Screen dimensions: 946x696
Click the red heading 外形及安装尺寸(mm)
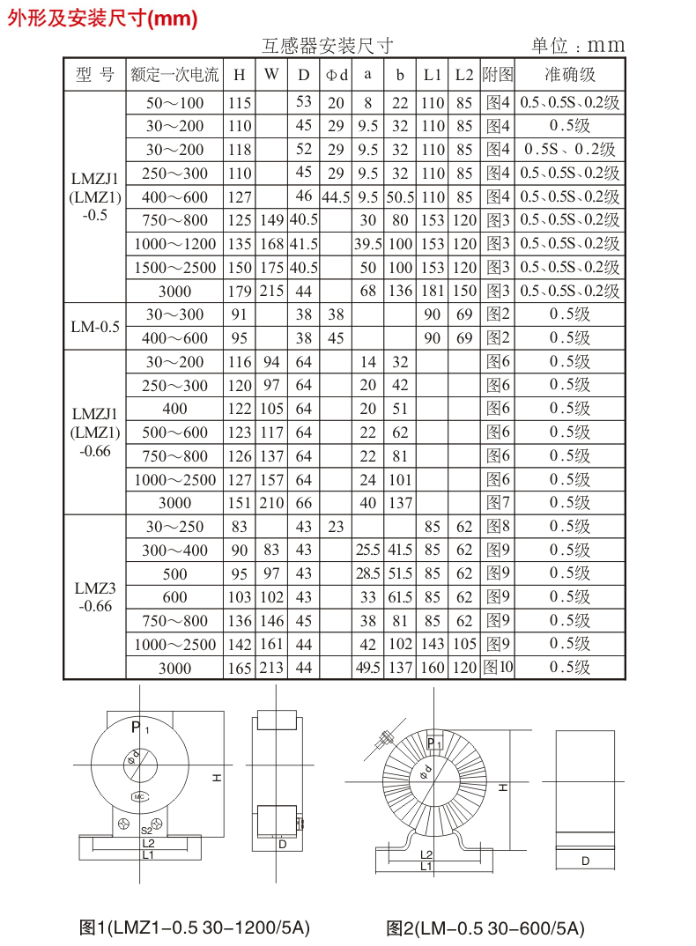tap(102, 18)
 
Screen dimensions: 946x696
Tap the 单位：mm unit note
tap(577, 46)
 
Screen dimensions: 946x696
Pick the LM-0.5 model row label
tap(94, 327)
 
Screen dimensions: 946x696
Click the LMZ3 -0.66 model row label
tap(94, 597)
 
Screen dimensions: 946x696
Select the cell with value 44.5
tap(336, 197)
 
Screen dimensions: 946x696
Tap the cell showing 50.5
tap(400, 197)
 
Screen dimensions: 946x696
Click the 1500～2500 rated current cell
tap(174, 268)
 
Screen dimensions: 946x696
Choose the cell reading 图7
tap(498, 503)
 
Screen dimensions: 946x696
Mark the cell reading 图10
tap(498, 668)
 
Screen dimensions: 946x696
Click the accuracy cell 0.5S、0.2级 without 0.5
tap(570, 150)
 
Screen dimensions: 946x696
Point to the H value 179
tap(239, 292)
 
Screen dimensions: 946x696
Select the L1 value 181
tap(432, 292)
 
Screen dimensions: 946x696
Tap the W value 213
tap(271, 668)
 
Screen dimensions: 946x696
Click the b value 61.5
tap(400, 597)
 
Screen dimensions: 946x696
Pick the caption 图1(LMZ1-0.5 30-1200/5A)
tap(195, 928)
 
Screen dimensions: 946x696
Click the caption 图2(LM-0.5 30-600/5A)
tap(485, 928)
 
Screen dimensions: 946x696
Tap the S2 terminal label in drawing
tap(146, 830)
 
